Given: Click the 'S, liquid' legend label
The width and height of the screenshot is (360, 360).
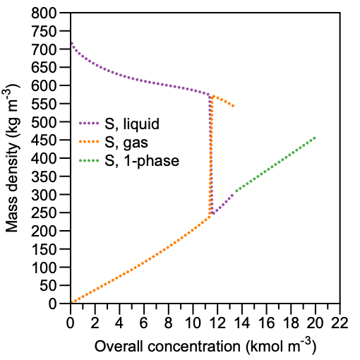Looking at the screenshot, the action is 132,124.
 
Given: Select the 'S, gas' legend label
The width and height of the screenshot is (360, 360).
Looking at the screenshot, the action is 126,143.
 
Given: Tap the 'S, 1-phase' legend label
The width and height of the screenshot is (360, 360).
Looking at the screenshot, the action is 142,161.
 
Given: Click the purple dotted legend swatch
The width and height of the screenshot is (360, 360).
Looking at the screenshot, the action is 89,123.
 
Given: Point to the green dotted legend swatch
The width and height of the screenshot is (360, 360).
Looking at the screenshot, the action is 89,161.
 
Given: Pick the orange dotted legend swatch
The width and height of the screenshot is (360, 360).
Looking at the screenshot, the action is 89,142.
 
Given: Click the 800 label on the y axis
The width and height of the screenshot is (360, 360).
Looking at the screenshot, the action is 44,13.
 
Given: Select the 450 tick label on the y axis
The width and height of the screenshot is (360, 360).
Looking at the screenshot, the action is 44,140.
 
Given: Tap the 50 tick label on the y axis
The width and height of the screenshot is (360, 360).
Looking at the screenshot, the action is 48,286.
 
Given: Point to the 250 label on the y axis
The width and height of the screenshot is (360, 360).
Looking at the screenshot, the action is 44,213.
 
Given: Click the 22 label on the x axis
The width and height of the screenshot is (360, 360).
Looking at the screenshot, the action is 340,323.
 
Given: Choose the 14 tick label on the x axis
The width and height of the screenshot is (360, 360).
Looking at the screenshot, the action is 242,323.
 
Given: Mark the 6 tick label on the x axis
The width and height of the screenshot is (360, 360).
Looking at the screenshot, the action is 144,323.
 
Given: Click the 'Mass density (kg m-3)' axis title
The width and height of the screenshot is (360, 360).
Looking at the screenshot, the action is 11,157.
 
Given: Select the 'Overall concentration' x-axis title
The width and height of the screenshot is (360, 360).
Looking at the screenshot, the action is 167,347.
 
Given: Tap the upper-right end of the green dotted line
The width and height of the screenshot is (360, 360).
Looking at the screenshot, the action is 315,138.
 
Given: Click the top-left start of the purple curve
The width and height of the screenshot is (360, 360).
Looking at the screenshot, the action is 71,43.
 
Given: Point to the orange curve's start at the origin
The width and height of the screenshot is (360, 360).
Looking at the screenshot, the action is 72,302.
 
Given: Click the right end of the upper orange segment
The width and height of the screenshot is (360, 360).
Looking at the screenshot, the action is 233,106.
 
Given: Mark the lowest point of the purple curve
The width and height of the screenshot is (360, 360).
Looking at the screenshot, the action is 213,213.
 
